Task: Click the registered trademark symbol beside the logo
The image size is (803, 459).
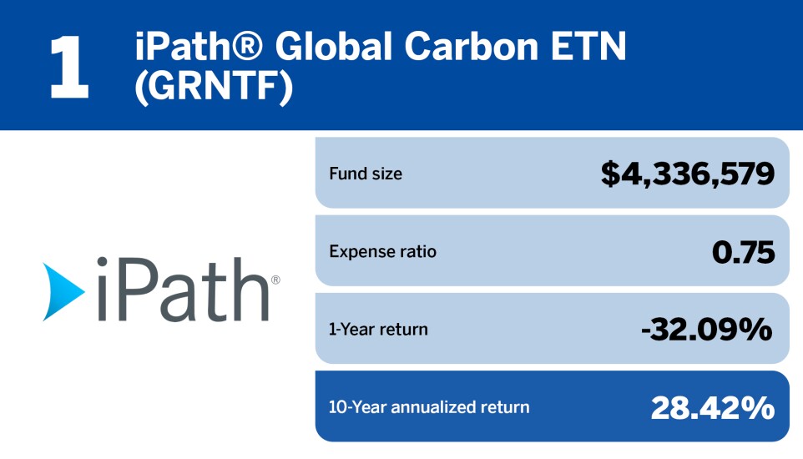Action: tap(275, 281)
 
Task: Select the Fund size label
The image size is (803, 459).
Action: tap(365, 174)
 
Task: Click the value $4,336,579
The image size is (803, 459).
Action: tap(688, 174)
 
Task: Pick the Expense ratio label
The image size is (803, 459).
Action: tap(382, 251)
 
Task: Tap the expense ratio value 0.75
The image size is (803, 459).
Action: tap(743, 251)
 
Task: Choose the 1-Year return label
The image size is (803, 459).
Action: tap(378, 329)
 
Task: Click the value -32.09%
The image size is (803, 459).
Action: tap(705, 329)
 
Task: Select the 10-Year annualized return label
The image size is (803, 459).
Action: tap(429, 407)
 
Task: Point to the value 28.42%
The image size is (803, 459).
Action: tap(712, 407)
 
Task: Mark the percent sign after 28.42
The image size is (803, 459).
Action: tap(760, 407)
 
